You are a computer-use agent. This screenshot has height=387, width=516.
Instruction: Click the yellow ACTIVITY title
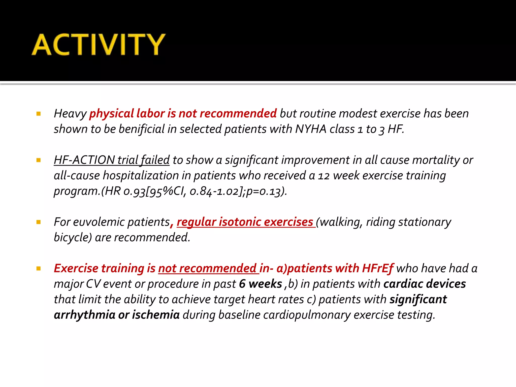(x=98, y=45)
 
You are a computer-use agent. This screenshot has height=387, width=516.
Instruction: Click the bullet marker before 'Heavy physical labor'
(x=39, y=114)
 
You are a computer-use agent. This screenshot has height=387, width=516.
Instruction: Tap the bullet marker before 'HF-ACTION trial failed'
(x=39, y=160)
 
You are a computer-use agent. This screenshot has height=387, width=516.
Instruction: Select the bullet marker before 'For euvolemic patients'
(x=39, y=222)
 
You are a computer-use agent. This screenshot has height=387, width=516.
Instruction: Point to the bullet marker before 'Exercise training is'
(x=39, y=269)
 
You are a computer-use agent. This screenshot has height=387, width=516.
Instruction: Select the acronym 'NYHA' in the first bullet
(x=311, y=129)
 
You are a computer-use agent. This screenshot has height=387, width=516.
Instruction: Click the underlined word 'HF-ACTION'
(x=84, y=160)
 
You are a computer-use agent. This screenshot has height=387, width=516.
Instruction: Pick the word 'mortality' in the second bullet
(x=436, y=160)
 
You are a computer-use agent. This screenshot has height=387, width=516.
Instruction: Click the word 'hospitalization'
(x=141, y=176)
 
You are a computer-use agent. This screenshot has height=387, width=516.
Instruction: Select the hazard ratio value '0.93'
(x=135, y=191)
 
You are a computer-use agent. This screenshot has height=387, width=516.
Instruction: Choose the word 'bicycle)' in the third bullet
(x=73, y=238)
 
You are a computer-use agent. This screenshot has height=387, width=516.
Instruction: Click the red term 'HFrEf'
(x=377, y=269)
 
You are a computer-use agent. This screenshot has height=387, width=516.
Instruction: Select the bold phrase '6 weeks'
(x=260, y=284)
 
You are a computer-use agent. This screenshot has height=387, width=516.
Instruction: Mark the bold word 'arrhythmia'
(x=84, y=315)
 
